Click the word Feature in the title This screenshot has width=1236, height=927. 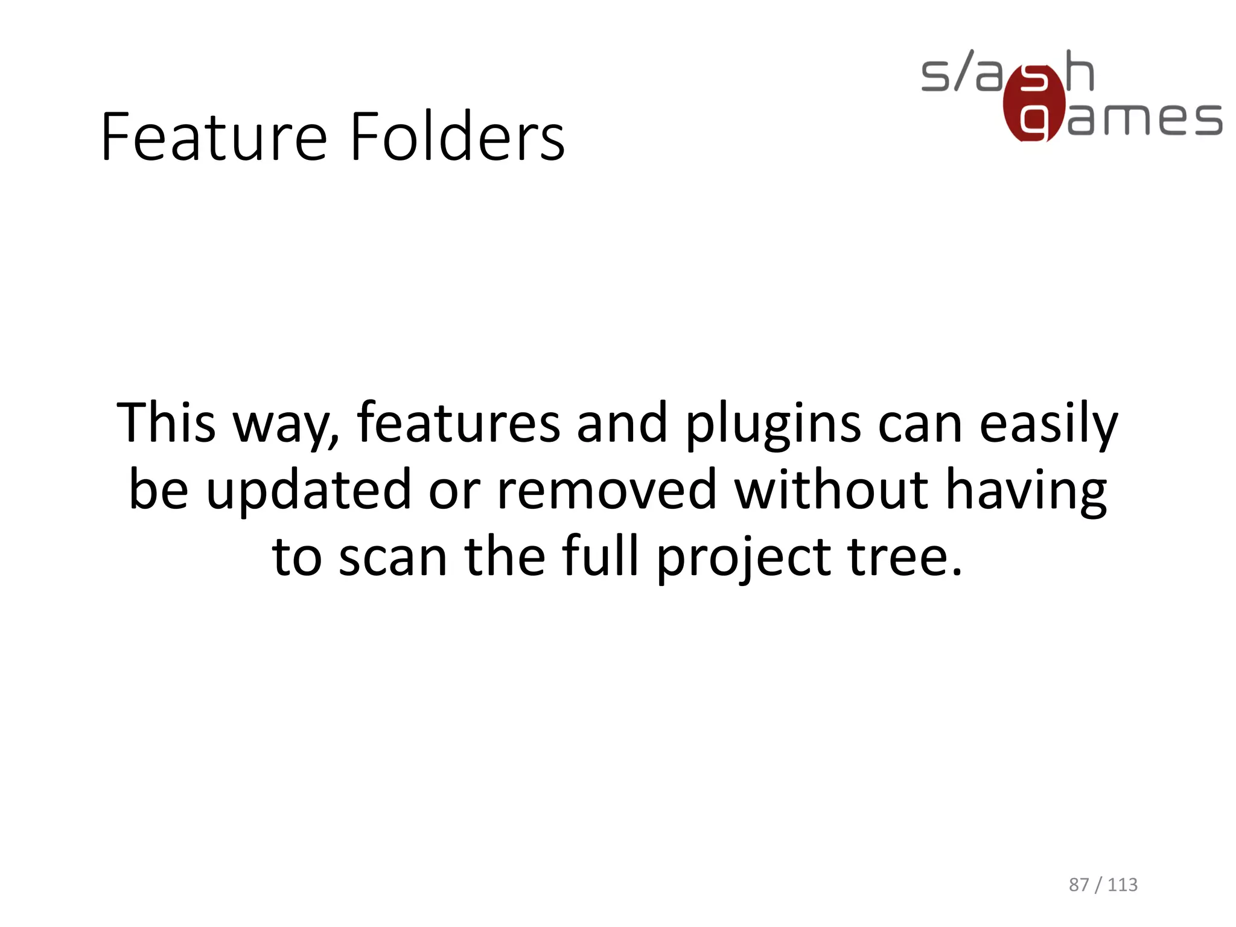tap(214, 137)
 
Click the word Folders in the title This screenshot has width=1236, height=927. tap(457, 137)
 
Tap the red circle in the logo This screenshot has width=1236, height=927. tap(1033, 103)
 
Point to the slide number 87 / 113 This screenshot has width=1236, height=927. tap(1103, 885)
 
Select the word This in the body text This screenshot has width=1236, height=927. tap(166, 422)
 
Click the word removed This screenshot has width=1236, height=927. tap(607, 489)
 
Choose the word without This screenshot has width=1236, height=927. tap(830, 489)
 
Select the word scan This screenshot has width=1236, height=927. tap(393, 556)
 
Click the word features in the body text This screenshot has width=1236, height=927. tap(459, 422)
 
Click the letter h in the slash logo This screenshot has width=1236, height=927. tap(1080, 71)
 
